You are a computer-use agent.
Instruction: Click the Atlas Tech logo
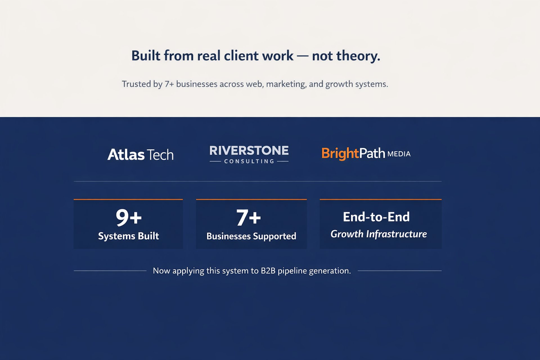point(140,155)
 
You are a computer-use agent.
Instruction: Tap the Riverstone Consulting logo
point(249,154)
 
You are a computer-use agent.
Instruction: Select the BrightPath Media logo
point(366,154)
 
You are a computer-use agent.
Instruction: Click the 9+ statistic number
point(129,217)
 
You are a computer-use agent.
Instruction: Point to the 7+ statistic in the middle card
point(249,217)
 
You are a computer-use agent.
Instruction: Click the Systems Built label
point(129,236)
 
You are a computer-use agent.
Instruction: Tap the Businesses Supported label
point(251,236)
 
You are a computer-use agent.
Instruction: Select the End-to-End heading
point(376,217)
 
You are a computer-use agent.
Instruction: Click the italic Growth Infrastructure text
point(379,234)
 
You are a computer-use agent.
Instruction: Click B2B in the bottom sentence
point(268,271)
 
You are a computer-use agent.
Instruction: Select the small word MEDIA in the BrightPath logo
point(399,154)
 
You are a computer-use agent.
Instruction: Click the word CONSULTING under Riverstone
point(249,161)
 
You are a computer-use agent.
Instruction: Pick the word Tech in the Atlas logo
point(160,155)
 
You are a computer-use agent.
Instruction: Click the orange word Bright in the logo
point(340,154)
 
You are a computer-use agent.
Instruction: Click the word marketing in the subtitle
point(286,84)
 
